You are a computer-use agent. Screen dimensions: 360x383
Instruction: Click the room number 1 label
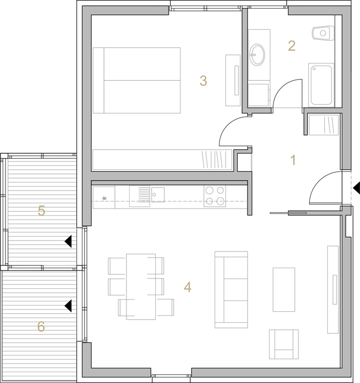[x=293, y=160]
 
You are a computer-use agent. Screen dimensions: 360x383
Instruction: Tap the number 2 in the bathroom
[x=292, y=46]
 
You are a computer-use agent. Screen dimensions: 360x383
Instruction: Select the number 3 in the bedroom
[x=203, y=80]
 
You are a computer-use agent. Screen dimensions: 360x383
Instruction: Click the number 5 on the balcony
[x=41, y=211]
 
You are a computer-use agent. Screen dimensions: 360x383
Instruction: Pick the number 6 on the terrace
[x=41, y=327]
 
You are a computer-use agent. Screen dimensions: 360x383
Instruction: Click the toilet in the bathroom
[x=323, y=33]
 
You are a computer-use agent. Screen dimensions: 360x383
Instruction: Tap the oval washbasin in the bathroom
[x=257, y=54]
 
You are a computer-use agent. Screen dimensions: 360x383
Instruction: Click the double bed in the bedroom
[x=137, y=80]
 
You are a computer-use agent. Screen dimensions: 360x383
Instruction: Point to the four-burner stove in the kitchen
[x=215, y=196]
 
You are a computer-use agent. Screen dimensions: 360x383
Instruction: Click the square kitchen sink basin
[x=158, y=195]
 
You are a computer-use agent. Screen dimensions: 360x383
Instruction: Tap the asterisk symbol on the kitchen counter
[x=104, y=198]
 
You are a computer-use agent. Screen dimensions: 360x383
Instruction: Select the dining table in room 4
[x=141, y=286]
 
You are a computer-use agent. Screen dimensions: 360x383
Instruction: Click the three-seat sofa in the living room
[x=231, y=290]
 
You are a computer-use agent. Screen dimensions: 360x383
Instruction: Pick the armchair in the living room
[x=284, y=344]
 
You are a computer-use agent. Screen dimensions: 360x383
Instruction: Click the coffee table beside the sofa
[x=284, y=290]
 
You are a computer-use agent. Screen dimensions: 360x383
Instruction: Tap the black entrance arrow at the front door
[x=356, y=188]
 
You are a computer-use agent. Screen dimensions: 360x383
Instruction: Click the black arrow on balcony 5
[x=68, y=241]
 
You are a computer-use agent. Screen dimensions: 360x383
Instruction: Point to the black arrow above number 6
[x=68, y=306]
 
